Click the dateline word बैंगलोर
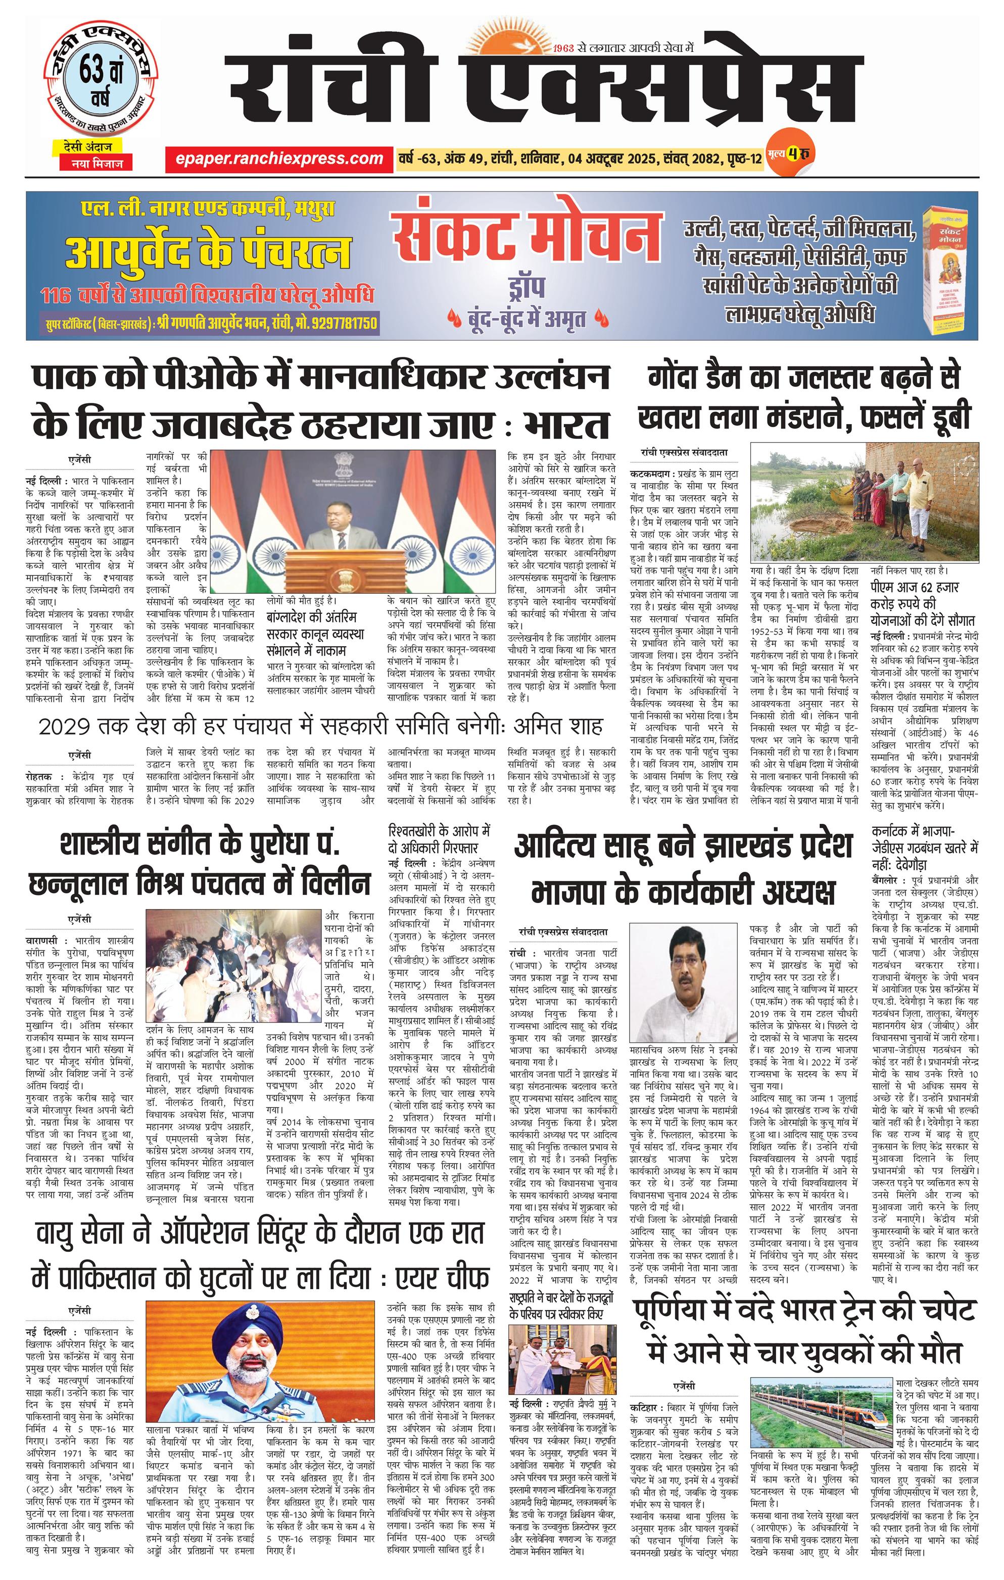[x=887, y=880]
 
